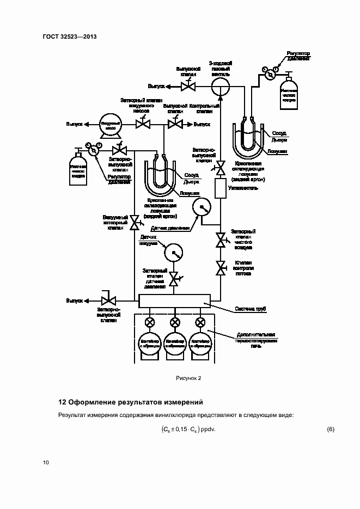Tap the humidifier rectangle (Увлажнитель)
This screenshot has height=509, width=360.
point(221,188)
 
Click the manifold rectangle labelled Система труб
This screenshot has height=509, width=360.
point(174,301)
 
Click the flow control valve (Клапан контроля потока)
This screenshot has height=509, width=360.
point(221,267)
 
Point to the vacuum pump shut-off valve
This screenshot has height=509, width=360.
point(143,125)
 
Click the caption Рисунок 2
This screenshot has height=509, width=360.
point(188,378)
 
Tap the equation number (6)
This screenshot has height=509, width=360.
point(330,430)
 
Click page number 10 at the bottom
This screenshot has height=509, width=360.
point(46,463)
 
